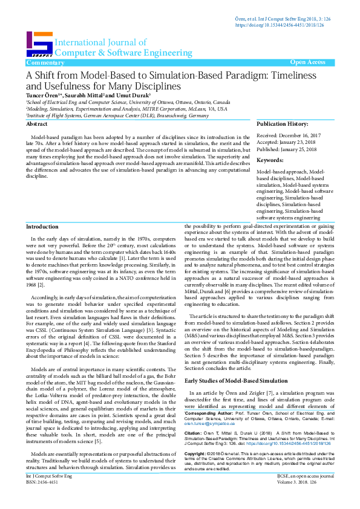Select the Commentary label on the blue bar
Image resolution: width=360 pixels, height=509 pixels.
point(45,63)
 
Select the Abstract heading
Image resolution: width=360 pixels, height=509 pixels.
point(38,123)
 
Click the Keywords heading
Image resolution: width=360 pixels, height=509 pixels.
point(270,160)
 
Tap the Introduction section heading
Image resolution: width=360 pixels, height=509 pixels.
point(42,226)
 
